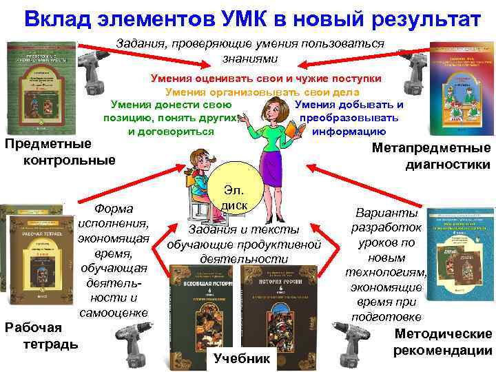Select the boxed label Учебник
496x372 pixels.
(x=242, y=358)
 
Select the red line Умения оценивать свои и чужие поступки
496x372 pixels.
(x=265, y=79)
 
